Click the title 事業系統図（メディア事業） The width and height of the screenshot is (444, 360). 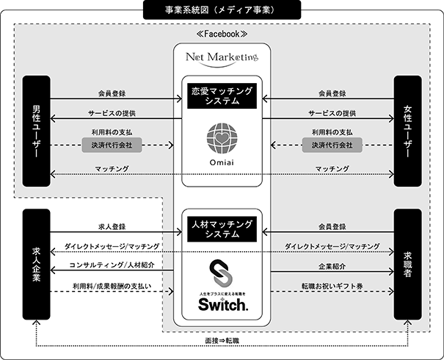[222, 10]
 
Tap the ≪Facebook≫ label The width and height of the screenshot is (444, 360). [222, 35]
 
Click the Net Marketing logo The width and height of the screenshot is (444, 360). [222, 57]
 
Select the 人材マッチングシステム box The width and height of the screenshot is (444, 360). [222, 228]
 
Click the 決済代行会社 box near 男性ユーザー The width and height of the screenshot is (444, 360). [112, 145]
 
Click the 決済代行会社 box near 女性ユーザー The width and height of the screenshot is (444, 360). [332, 145]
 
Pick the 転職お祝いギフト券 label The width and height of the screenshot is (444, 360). [332, 285]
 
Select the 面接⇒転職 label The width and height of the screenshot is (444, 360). [222, 341]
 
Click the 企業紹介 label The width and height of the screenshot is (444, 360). [332, 265]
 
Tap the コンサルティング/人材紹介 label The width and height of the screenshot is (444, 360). [112, 265]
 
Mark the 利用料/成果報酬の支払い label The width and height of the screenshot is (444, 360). [112, 285]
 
